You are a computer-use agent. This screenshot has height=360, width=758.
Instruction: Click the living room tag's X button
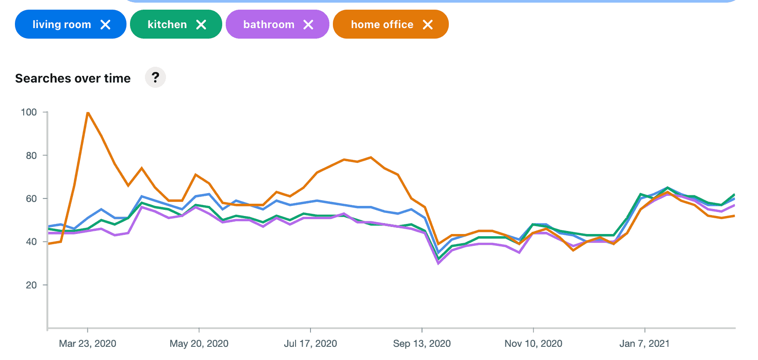[x=105, y=25]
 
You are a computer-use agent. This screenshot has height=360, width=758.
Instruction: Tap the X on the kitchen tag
[x=201, y=25]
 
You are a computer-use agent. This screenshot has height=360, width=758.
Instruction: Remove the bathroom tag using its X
[x=308, y=25]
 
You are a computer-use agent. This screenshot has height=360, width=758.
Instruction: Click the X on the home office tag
[x=428, y=25]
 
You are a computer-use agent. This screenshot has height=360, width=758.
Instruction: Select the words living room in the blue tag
[x=62, y=25]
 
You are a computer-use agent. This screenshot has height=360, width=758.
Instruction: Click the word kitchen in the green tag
[x=167, y=25]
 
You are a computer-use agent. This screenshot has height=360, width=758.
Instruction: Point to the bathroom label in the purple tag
[x=269, y=25]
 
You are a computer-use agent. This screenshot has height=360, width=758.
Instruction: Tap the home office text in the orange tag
[x=382, y=25]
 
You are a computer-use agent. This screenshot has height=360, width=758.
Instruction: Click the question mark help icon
[x=155, y=78]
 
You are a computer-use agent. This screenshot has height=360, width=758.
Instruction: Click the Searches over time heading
[x=73, y=78]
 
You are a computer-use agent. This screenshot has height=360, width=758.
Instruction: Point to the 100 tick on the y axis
[x=29, y=112]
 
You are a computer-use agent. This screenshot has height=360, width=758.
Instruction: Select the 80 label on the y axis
[x=31, y=155]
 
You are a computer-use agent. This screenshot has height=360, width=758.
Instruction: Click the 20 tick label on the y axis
[x=31, y=285]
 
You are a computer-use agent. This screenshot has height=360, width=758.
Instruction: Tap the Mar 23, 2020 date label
[x=87, y=343]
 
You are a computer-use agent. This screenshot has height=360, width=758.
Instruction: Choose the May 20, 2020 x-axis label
[x=199, y=343]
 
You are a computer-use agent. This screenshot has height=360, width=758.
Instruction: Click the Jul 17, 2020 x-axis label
[x=310, y=343]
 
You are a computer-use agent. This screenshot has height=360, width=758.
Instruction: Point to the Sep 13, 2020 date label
[x=422, y=343]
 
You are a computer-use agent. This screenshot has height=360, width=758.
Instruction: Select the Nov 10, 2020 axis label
[x=533, y=343]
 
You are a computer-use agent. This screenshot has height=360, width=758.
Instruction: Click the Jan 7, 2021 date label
[x=644, y=343]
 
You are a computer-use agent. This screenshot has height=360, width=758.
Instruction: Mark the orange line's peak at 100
[x=88, y=112]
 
